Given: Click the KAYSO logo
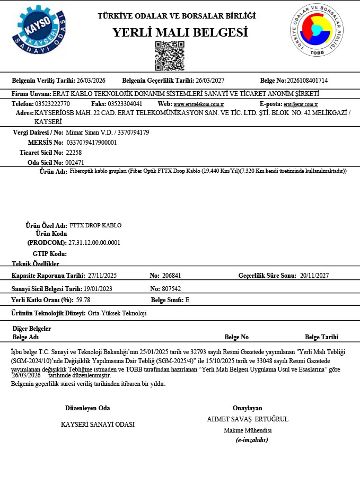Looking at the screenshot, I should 40,31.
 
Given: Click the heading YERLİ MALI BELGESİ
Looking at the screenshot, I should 180,32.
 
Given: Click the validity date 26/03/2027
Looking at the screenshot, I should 210,81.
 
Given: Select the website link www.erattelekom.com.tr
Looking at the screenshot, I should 199,104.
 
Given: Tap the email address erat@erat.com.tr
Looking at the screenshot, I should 301,104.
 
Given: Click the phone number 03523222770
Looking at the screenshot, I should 52,104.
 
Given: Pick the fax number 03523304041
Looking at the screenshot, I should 125,104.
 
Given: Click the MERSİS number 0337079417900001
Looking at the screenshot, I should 92,143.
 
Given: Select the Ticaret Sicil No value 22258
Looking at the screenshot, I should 73,153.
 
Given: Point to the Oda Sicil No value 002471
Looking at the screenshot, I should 74,163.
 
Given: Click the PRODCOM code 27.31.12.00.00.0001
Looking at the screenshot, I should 94,243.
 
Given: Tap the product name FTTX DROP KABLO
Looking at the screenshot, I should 95,225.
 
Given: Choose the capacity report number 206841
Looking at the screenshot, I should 171,276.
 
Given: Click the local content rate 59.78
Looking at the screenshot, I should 86,300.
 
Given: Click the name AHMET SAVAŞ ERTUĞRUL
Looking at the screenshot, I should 248,419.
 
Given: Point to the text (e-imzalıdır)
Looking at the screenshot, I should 252,440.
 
